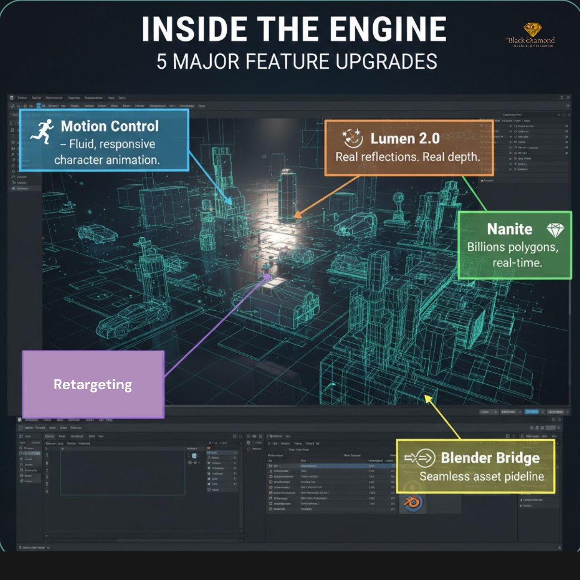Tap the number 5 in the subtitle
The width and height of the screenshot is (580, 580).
click(162, 62)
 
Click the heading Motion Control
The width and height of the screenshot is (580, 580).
click(110, 127)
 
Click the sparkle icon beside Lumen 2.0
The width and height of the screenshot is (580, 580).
click(352, 138)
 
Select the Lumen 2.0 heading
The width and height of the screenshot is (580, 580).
click(405, 139)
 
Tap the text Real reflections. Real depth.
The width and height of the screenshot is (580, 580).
click(407, 157)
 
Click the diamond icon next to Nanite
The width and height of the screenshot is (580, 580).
click(555, 229)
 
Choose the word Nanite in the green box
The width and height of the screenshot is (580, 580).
click(509, 229)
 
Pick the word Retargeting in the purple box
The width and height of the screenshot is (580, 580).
click(93, 385)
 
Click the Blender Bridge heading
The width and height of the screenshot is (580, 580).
click(490, 458)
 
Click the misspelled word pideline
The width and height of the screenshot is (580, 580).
click(522, 477)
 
